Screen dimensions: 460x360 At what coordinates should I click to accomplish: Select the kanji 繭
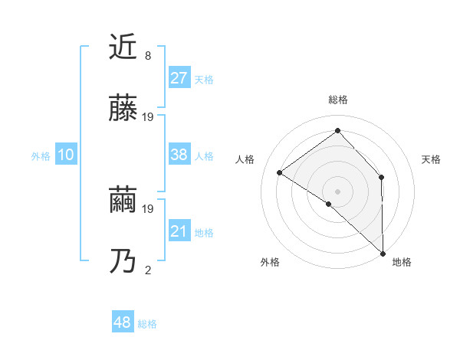123,200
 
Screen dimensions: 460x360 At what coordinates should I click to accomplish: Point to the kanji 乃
123,261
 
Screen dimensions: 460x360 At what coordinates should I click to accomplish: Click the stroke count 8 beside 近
148,55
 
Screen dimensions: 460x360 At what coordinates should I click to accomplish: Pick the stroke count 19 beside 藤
149,116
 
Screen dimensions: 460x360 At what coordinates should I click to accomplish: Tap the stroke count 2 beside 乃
148,269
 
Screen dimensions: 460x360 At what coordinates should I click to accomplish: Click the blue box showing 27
179,78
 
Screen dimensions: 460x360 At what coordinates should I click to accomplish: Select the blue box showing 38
179,155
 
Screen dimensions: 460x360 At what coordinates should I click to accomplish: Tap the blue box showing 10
66,155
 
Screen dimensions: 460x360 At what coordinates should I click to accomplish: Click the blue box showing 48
123,322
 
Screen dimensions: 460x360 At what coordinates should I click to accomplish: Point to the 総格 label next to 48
147,324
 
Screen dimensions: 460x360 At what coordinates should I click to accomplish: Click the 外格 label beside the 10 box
41,156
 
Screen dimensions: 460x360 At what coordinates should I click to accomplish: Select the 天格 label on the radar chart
432,159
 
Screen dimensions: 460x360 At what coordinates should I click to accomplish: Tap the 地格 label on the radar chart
402,262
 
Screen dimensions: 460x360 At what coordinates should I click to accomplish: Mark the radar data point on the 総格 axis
337,131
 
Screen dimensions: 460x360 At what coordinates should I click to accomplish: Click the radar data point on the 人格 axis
280,172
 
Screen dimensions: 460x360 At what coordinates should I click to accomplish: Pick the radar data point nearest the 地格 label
383,253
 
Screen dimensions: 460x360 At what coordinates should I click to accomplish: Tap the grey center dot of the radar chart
337,191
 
